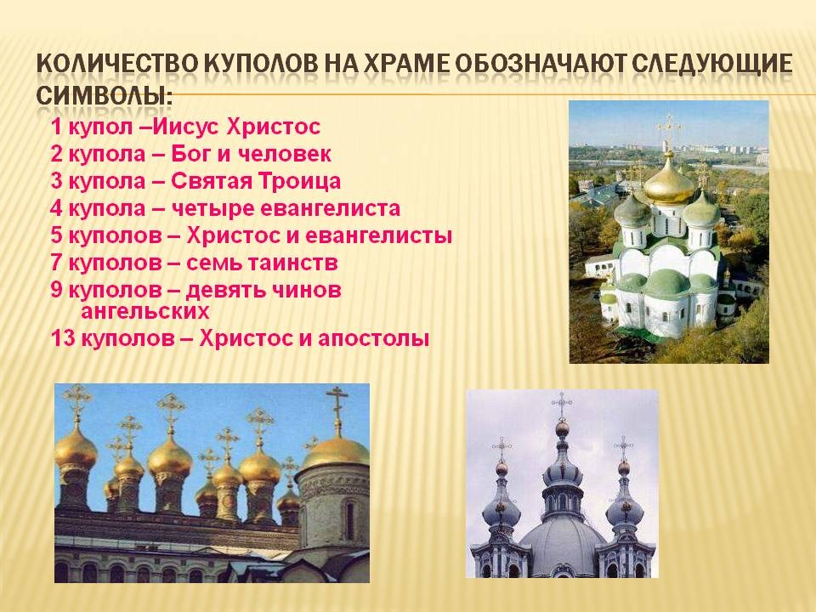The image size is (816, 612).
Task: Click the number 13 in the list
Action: pyautogui.click(x=61, y=339)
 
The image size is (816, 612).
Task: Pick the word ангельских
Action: pyautogui.click(x=144, y=312)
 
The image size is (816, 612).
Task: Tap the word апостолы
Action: pyautogui.click(x=373, y=339)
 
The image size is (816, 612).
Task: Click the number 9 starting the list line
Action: pyautogui.click(x=56, y=289)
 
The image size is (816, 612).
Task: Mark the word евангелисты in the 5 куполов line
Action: pyautogui.click(x=378, y=235)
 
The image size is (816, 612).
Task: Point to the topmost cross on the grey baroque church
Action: pyautogui.click(x=562, y=405)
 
